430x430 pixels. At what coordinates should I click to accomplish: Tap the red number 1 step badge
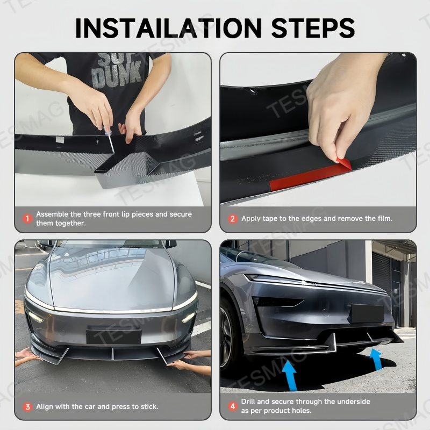pos(27,219)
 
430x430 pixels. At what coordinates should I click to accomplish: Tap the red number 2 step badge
pos(233,219)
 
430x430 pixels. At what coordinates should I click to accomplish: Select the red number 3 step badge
pos(27,406)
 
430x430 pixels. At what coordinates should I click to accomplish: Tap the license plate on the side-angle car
pos(367,313)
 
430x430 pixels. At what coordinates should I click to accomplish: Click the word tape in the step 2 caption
pos(271,219)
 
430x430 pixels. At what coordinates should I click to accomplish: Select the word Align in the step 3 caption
pos(45,406)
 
